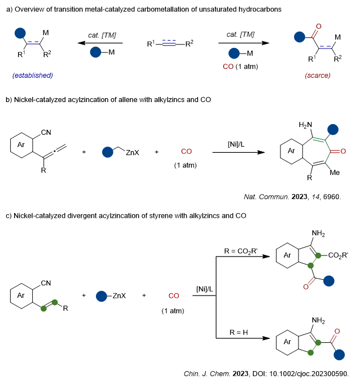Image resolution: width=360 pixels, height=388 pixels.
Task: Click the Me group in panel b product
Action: (334, 173)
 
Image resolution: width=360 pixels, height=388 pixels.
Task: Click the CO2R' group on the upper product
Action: (339, 255)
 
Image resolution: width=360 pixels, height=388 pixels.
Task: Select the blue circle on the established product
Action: (20, 34)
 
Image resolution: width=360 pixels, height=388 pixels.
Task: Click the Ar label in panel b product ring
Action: (292, 152)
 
